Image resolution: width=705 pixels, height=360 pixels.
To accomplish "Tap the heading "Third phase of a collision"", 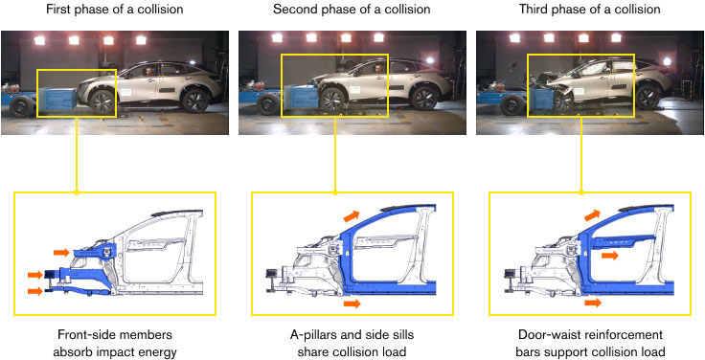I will tap(587, 10).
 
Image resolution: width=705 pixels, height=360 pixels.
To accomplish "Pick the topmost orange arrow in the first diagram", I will tap(62, 252).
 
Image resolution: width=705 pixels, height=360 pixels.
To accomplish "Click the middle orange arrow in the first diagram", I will tap(34, 274).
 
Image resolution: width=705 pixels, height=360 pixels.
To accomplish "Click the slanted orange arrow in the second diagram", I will tap(353, 219).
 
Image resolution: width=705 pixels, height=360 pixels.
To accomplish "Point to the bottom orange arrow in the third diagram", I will tap(593, 302).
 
